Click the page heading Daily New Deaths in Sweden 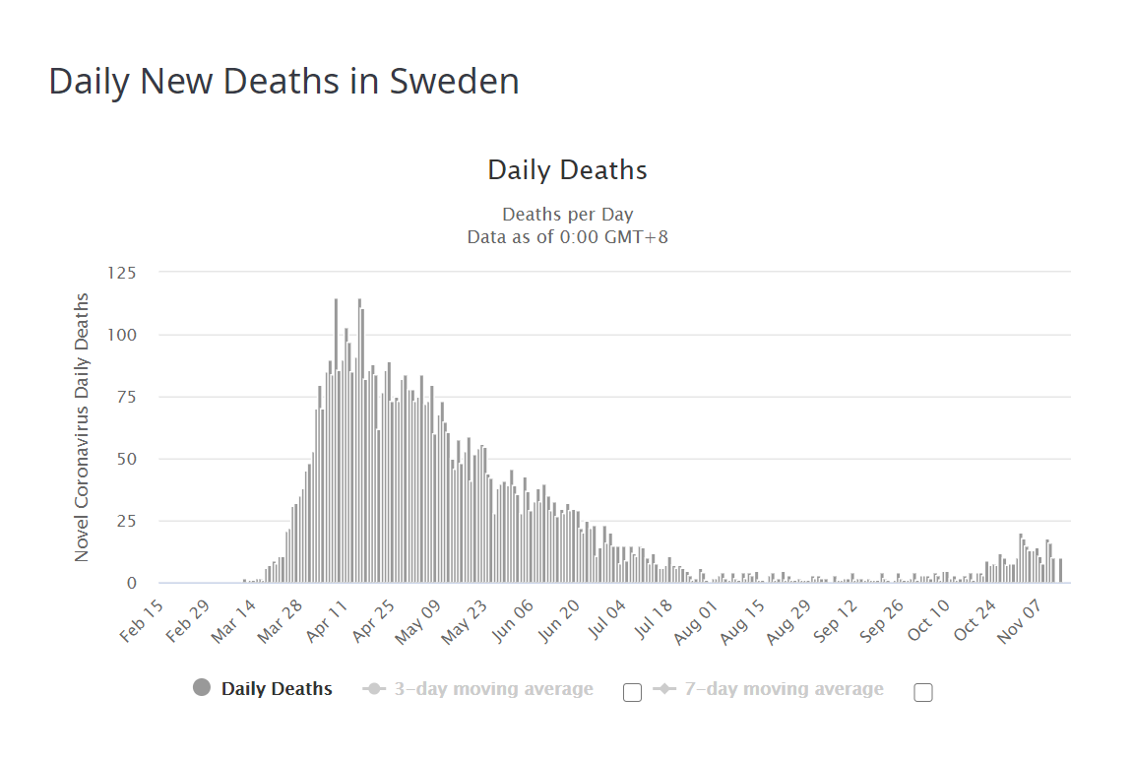click(x=283, y=82)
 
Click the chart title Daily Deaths click(x=567, y=170)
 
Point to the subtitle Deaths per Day click(x=567, y=214)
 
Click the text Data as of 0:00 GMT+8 click(x=567, y=237)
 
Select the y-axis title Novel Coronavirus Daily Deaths click(x=82, y=427)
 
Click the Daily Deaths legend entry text click(x=277, y=689)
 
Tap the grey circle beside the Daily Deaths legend click(x=202, y=688)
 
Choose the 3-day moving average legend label click(x=493, y=689)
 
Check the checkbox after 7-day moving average click(x=923, y=692)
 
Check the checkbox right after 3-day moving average click(x=633, y=692)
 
